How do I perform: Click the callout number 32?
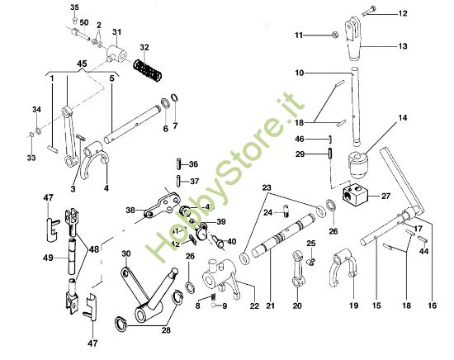(144, 48)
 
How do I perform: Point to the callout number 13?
(401, 46)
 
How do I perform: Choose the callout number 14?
(402, 119)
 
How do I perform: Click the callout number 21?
(267, 306)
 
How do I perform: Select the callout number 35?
(74, 7)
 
